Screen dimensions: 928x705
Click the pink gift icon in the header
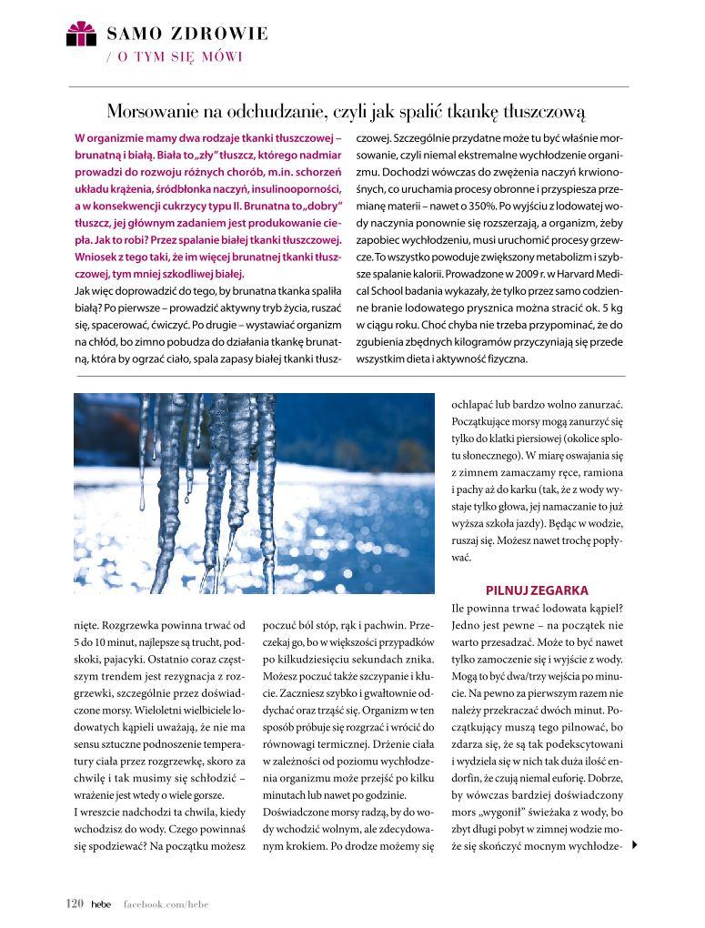pos(81,34)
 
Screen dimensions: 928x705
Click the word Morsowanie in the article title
pos(153,112)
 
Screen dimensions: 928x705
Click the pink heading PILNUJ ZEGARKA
pos(537,590)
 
